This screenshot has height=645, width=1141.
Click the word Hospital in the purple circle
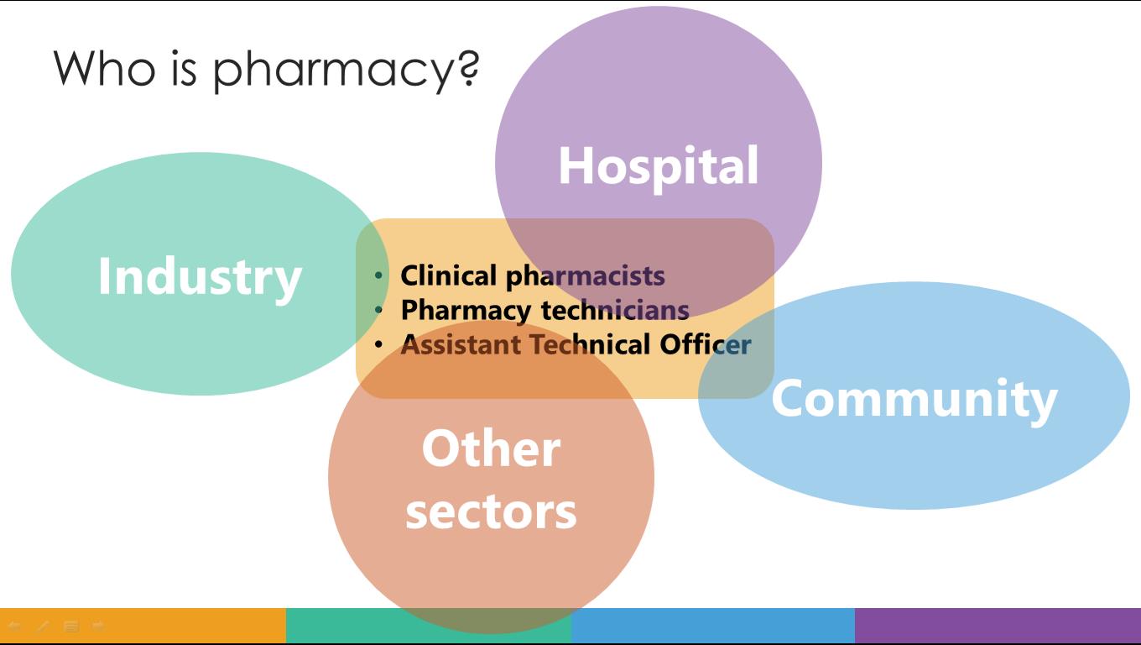pyautogui.click(x=659, y=165)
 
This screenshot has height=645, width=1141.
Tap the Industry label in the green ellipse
pyautogui.click(x=200, y=276)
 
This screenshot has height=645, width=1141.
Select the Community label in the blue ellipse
pyautogui.click(x=914, y=398)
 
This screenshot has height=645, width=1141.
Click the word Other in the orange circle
pyautogui.click(x=491, y=448)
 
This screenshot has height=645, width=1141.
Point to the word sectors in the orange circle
pyautogui.click(x=491, y=511)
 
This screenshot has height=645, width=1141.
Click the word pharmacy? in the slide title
pyautogui.click(x=346, y=69)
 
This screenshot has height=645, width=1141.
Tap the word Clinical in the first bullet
pyautogui.click(x=449, y=275)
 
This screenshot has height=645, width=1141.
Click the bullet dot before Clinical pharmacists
pyautogui.click(x=379, y=275)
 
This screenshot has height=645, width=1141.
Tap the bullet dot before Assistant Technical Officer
pyautogui.click(x=379, y=344)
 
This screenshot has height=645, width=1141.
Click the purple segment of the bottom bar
pyautogui.click(x=998, y=625)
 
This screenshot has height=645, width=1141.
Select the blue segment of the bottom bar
pyautogui.click(x=712, y=625)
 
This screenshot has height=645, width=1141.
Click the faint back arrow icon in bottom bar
pyautogui.click(x=14, y=626)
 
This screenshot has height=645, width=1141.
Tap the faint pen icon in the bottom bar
pyautogui.click(x=43, y=626)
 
